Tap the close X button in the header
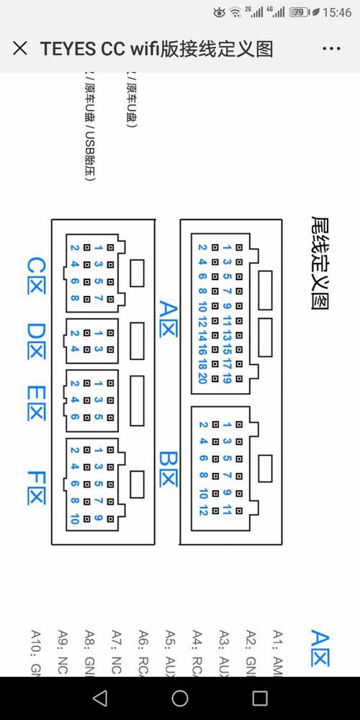coord(21,49)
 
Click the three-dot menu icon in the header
coord(331,49)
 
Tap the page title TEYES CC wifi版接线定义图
coord(156,49)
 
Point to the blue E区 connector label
coord(35,403)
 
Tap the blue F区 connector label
coord(35,487)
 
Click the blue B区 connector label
coord(168,468)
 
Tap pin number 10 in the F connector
coord(74,518)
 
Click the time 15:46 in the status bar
coord(337,12)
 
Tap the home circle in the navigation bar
coord(180,698)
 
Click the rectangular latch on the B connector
coord(265,468)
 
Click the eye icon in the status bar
coord(219,12)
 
